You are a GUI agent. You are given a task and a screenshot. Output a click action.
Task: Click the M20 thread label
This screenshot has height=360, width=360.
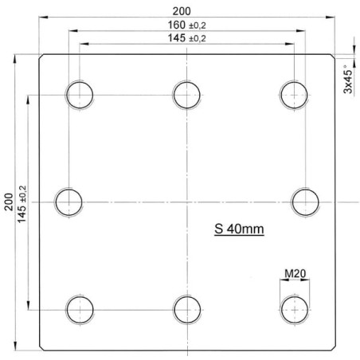(295, 273)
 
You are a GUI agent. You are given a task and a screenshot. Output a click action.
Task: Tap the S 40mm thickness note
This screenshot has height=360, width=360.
(239, 229)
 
